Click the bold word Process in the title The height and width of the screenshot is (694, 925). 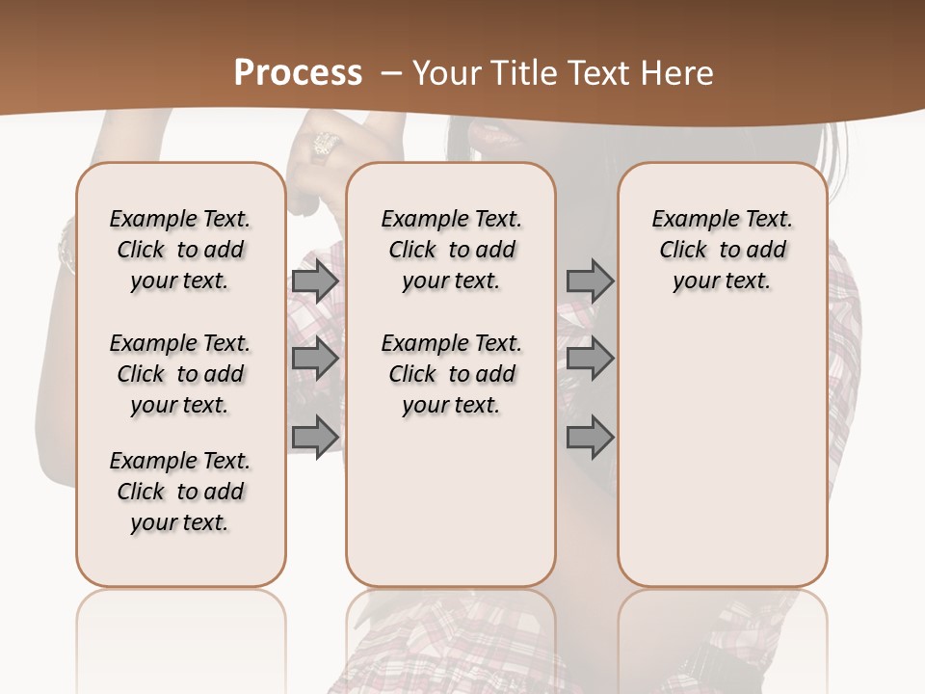[x=298, y=73]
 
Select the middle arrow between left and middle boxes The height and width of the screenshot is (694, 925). [x=315, y=359]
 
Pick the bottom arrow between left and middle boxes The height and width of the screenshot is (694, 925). [x=315, y=437]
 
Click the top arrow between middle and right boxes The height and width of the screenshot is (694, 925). [x=590, y=280]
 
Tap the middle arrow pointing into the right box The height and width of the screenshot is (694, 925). [x=590, y=359]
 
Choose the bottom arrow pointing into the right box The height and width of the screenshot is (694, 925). [x=590, y=437]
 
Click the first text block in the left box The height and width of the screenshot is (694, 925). [x=180, y=250]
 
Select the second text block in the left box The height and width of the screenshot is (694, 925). [x=180, y=374]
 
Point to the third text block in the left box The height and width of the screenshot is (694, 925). [x=180, y=492]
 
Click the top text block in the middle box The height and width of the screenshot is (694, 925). [x=451, y=250]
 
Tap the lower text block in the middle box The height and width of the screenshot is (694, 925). [x=451, y=374]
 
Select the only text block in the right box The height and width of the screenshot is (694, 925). [x=722, y=250]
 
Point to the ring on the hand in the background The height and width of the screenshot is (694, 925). [x=325, y=146]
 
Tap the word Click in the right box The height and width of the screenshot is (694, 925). [x=683, y=251]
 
